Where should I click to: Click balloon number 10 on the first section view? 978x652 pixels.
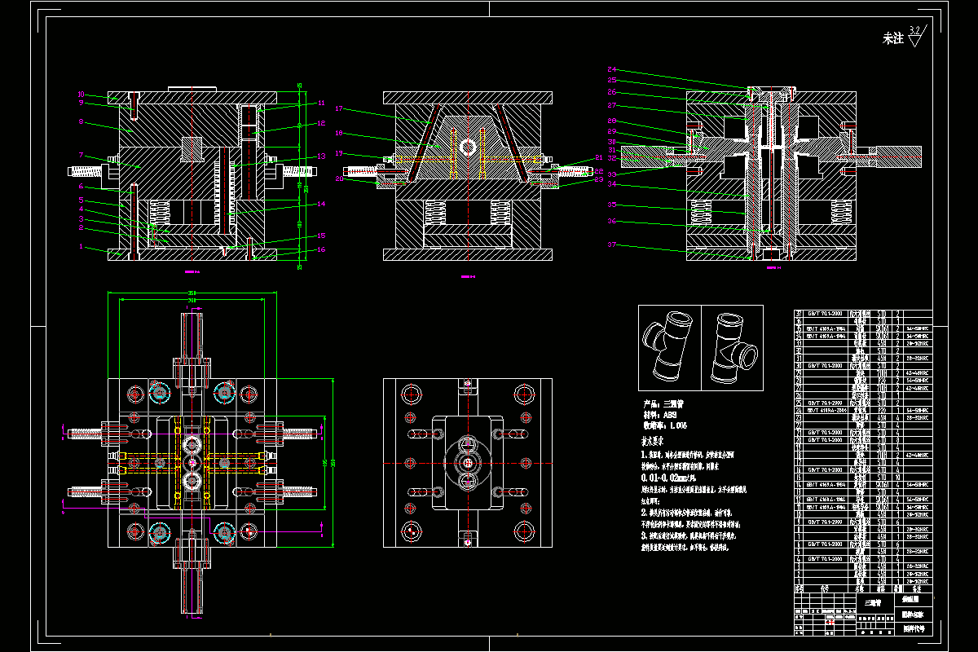pos(81,94)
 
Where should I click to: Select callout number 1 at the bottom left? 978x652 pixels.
pos(81,245)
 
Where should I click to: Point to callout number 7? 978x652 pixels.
pos(81,155)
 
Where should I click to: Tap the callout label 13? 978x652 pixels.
pos(321,156)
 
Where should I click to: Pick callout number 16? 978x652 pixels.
pos(321,249)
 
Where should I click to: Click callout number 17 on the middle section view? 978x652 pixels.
pos(339,108)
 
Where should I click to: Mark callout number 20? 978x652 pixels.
pos(339,178)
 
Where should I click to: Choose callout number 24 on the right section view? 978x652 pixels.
pos(612,69)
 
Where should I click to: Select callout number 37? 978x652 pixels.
pos(612,244)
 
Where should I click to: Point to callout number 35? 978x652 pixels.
pos(612,205)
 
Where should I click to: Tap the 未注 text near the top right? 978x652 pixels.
pos(893,38)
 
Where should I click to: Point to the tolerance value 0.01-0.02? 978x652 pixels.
pos(670,477)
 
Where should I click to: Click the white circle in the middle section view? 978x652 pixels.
pos(468,147)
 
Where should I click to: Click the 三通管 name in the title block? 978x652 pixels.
pos(872,604)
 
